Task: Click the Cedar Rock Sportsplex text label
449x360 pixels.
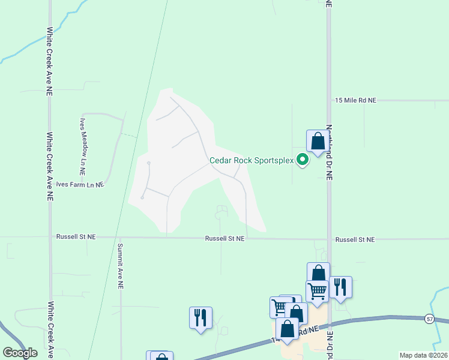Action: pos(251,160)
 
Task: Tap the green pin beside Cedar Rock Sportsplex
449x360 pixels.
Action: pos(303,160)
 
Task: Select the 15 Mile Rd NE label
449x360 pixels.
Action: pos(355,101)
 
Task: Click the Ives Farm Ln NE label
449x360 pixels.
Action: pos(80,185)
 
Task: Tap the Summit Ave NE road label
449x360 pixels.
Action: pos(120,266)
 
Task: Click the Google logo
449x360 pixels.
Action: pos(20,353)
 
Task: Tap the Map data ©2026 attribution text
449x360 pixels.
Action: pos(423,355)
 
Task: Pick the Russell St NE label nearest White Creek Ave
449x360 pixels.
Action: pos(76,237)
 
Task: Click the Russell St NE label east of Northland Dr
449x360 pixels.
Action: pos(355,239)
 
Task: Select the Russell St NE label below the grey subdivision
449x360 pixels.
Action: pos(224,238)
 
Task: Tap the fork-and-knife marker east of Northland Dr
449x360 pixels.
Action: pos(340,287)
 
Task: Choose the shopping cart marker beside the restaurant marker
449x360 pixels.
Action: pos(317,291)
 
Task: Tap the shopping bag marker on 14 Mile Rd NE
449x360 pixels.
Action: pos(288,329)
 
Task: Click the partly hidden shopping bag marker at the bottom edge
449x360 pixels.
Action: pos(160,357)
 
